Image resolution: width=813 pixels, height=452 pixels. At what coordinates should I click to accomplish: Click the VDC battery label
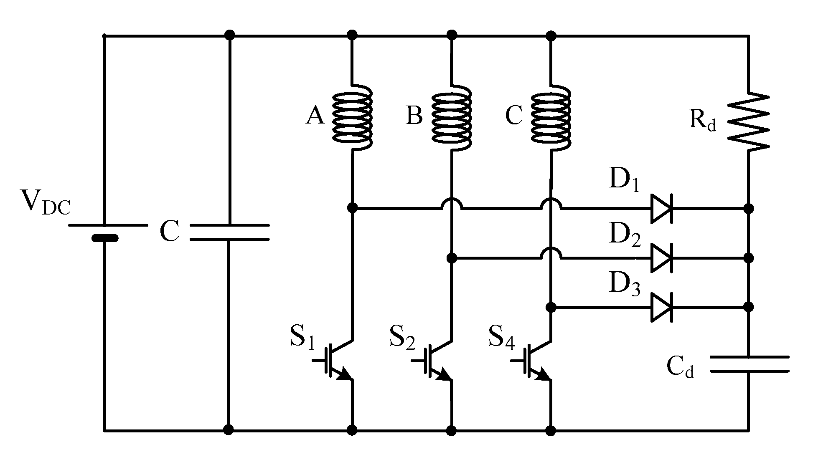(46, 202)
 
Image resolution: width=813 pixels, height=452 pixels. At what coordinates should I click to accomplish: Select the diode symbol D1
(661, 208)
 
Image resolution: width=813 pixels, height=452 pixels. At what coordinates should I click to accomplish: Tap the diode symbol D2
(661, 258)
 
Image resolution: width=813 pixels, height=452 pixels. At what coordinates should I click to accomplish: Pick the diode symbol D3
(661, 308)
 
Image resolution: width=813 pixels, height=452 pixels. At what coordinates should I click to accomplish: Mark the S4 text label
(501, 337)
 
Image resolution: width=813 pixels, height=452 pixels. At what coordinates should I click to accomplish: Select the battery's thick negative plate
(104, 238)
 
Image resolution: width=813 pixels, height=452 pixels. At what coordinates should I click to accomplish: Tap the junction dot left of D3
(551, 308)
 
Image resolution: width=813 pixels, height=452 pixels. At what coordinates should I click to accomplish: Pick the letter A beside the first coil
(315, 116)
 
